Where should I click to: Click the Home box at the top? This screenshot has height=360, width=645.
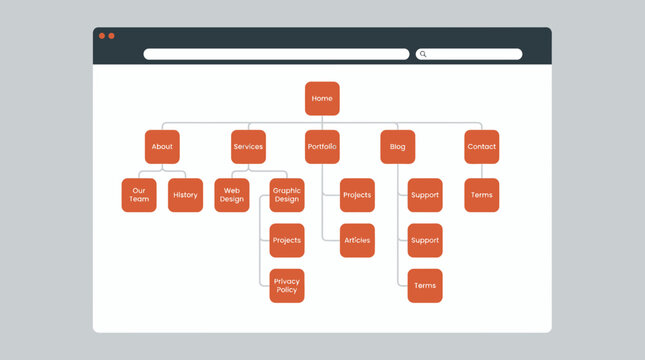322,99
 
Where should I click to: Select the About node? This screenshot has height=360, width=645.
162,147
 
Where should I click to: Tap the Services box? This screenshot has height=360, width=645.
248,147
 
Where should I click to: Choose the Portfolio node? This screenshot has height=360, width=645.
322,147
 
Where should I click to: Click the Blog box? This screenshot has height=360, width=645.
397,147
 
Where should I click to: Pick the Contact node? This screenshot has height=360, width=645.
481,147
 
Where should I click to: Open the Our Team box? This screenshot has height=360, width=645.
139,195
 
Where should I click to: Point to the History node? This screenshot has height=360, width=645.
185,195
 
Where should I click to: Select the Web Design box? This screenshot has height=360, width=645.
232,195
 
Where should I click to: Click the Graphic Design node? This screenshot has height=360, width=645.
287,195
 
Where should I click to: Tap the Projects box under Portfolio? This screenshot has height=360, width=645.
357,195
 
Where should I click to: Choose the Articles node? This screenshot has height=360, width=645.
357,240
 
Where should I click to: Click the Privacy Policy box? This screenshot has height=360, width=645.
287,286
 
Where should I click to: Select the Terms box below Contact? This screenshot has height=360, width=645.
481,195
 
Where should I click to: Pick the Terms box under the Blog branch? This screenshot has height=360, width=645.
425,286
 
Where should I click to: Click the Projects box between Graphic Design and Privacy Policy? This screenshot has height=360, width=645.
287,240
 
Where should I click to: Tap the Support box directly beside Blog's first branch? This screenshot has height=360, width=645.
425,195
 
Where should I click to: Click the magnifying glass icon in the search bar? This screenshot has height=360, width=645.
423,54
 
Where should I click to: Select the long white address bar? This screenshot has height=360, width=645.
276,54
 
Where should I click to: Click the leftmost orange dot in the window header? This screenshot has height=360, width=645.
102,36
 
